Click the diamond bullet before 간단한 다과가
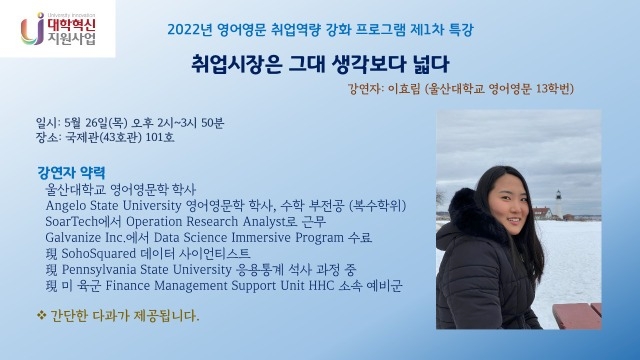(x=40, y=316)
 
